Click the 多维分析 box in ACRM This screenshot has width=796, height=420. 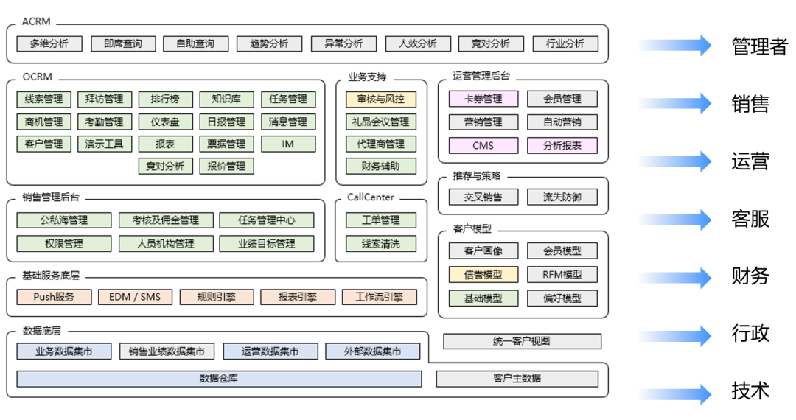pyautogui.click(x=49, y=43)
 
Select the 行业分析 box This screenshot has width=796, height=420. pyautogui.click(x=565, y=43)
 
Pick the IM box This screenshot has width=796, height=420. pyautogui.click(x=288, y=144)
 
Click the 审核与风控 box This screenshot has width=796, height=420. pyautogui.click(x=381, y=99)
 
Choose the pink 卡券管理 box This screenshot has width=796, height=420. pyautogui.click(x=483, y=99)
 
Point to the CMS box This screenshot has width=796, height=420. pyautogui.click(x=483, y=145)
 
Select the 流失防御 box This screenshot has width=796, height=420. pyautogui.click(x=562, y=197)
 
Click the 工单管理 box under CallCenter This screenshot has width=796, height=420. pyautogui.click(x=381, y=220)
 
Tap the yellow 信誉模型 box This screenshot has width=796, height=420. pyautogui.click(x=483, y=275)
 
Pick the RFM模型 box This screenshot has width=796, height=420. pyautogui.click(x=562, y=275)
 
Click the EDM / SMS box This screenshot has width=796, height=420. pyautogui.click(x=135, y=297)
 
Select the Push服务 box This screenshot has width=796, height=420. pyautogui.click(x=55, y=297)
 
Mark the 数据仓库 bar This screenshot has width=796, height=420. pyautogui.click(x=219, y=379)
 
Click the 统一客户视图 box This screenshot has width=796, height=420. pyautogui.click(x=522, y=341)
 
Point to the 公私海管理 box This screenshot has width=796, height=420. pyautogui.click(x=64, y=220)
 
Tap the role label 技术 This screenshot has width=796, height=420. pyautogui.click(x=750, y=391)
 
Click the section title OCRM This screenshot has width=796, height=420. pyautogui.click(x=38, y=77)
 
